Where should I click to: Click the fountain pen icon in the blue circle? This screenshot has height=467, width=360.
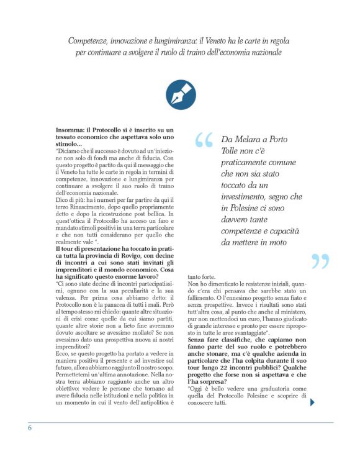click(181, 94)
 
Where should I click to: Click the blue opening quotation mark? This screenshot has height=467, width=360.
click(203, 142)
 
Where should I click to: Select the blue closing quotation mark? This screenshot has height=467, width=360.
click(320, 261)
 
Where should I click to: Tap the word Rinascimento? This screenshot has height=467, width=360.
click(85, 206)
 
